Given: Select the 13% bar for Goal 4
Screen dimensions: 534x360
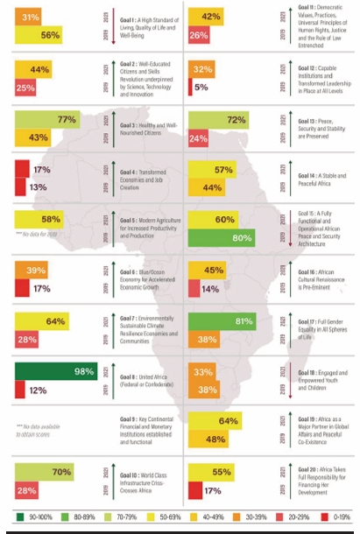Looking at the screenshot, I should click(x=21, y=186).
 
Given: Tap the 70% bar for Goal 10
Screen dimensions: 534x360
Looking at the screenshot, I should click(x=43, y=473).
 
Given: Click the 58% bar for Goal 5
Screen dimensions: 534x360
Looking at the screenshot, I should click(x=39, y=218).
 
